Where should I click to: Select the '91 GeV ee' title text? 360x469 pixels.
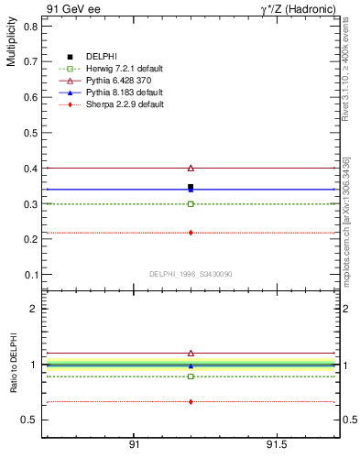coord(72,9)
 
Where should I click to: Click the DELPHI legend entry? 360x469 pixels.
coord(101,57)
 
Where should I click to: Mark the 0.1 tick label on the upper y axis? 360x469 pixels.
coord(31,275)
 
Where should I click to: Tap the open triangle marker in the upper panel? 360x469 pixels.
coord(191,168)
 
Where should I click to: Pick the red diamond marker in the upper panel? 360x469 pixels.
coord(191,233)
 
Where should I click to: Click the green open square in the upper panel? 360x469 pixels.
coord(191,203)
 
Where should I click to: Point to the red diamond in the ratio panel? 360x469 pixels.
coord(191,401)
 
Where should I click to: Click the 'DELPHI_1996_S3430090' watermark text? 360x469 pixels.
coord(190,274)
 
